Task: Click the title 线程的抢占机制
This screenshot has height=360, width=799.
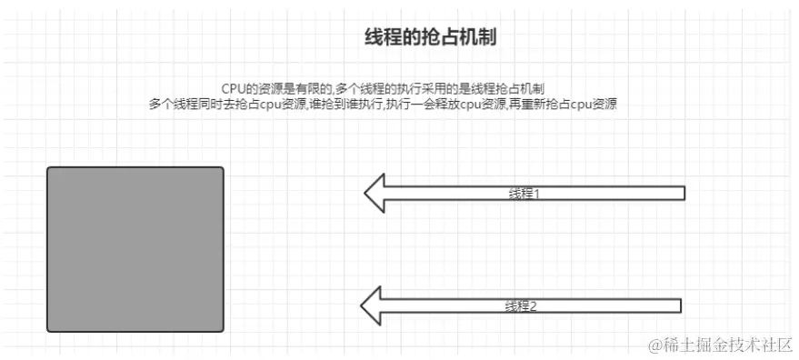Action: [x=430, y=37]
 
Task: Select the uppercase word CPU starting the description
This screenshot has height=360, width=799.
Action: [x=234, y=88]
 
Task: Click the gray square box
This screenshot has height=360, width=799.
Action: [x=135, y=249]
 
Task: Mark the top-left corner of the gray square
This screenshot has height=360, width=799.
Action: [x=48, y=168]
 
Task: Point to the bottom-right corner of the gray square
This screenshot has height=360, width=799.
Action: [x=222, y=330]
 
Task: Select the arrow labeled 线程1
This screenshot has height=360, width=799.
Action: [x=524, y=193]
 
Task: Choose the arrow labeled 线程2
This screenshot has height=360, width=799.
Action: [x=521, y=305]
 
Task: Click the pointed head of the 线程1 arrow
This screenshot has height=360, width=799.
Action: [x=366, y=193]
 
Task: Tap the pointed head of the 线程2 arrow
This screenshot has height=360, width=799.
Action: [x=364, y=305]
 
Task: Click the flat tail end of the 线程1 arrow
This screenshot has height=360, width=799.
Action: [x=683, y=193]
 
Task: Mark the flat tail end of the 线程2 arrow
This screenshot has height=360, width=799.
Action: [x=680, y=305]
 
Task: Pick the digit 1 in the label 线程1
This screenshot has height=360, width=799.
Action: [x=536, y=194]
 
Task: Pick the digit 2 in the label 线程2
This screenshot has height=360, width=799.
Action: [x=533, y=306]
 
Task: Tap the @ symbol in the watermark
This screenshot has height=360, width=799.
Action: [x=653, y=345]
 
